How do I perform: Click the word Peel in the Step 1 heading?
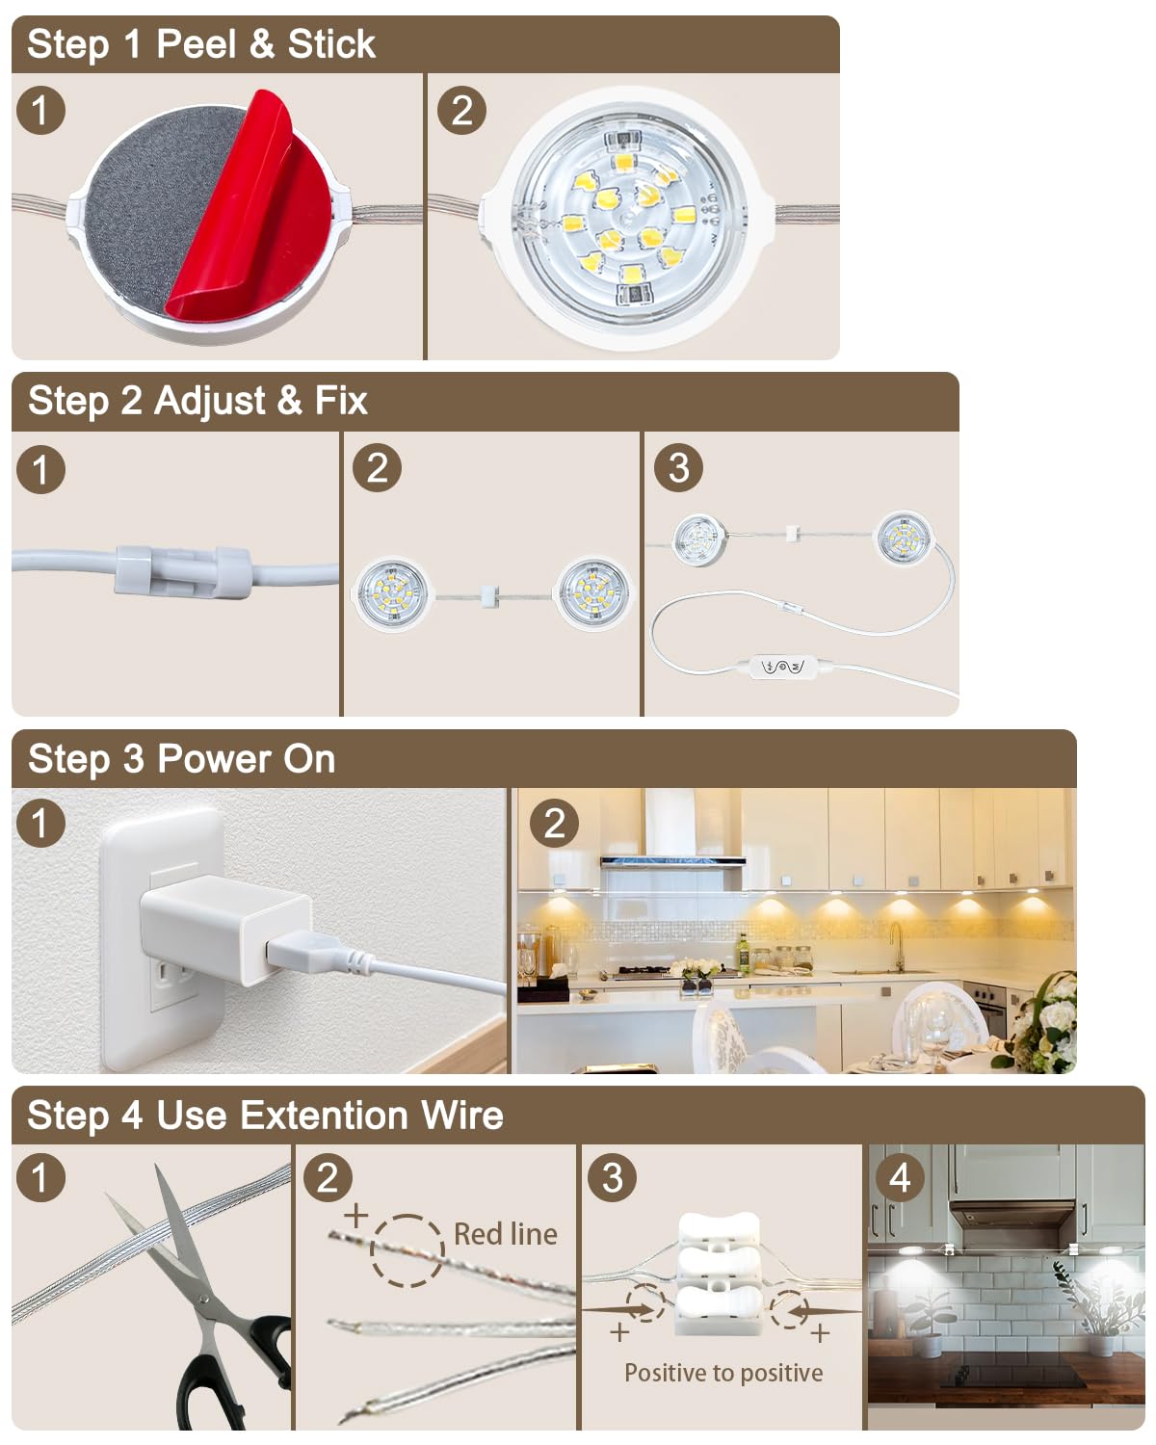pyautogui.click(x=196, y=44)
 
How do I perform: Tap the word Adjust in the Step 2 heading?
pyautogui.click(x=210, y=401)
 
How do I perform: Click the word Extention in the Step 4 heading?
pyautogui.click(x=324, y=1116)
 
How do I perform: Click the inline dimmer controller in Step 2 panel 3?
pyautogui.click(x=784, y=667)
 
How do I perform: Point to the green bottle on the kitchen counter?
pyautogui.click(x=743, y=952)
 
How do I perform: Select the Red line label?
pyautogui.click(x=505, y=1234)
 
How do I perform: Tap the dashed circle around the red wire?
pyautogui.click(x=407, y=1250)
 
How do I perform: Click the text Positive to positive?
pyautogui.click(x=723, y=1373)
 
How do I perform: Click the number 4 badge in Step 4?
pyautogui.click(x=900, y=1177)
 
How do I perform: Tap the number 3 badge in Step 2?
pyautogui.click(x=678, y=468)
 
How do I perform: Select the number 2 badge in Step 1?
pyautogui.click(x=461, y=110)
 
